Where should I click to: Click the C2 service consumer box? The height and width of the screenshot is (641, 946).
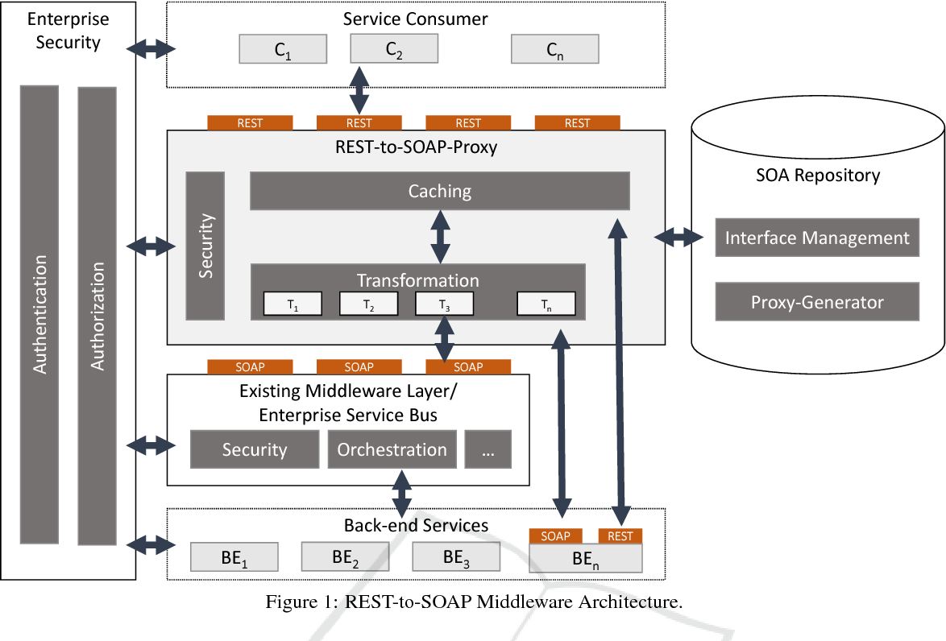click(x=393, y=50)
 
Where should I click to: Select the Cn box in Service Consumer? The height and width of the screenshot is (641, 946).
click(x=554, y=50)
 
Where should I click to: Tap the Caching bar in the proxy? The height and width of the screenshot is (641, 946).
click(x=439, y=191)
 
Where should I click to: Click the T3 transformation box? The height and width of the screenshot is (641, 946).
click(x=444, y=304)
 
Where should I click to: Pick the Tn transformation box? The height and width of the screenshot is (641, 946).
click(x=546, y=304)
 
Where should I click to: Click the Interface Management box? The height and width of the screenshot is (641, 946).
click(x=817, y=238)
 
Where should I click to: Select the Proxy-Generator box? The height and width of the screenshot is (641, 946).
click(x=817, y=302)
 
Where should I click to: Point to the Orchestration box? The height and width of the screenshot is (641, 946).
click(x=392, y=449)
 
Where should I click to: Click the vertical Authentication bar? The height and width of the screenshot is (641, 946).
click(x=39, y=314)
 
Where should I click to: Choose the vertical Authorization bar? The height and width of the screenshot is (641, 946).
click(x=97, y=314)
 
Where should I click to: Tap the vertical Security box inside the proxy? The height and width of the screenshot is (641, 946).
click(x=205, y=246)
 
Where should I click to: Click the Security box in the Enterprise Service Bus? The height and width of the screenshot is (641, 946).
click(x=254, y=449)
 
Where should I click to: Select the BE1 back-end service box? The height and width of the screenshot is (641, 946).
click(x=234, y=557)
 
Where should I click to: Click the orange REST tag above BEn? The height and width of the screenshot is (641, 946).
click(x=620, y=536)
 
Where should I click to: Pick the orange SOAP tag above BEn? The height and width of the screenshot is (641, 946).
click(x=555, y=536)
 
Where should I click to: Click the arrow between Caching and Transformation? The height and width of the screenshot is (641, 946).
click(x=440, y=237)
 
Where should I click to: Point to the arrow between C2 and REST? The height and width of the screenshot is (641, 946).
click(x=359, y=89)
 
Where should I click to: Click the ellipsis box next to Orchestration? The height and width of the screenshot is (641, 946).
click(x=488, y=449)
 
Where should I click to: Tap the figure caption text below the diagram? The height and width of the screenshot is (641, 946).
click(x=474, y=602)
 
